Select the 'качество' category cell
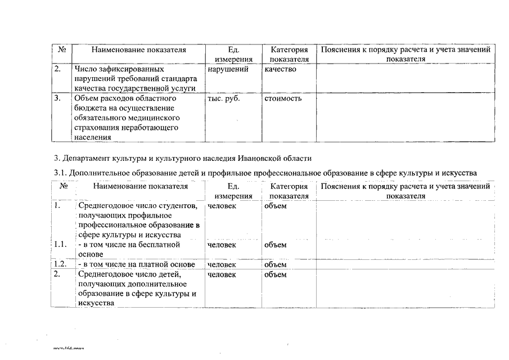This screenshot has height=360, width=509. [x=280, y=69]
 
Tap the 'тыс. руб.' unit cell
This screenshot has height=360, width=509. [x=224, y=98]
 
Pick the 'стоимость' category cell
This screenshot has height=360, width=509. [x=283, y=98]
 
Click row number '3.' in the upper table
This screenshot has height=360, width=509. [x=57, y=98]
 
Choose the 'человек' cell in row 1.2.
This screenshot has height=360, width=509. [x=222, y=264]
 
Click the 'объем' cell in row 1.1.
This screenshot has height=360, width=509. [x=275, y=245]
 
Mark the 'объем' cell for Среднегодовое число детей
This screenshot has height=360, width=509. [x=275, y=274]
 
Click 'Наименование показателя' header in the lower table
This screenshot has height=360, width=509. [x=141, y=186]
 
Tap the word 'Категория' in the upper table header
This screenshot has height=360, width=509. [x=289, y=49]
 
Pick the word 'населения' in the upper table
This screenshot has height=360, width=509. [x=92, y=137]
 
